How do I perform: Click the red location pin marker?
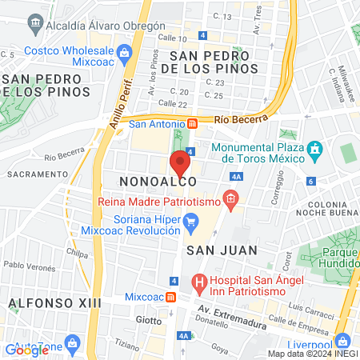(x=180, y=164)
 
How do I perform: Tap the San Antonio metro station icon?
(x=193, y=124)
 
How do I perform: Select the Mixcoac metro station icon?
(x=170, y=297)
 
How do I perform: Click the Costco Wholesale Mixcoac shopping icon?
(x=123, y=53)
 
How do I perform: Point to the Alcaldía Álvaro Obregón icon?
(x=35, y=22)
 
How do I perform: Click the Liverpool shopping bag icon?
(x=343, y=339)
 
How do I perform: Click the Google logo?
(x=26, y=349)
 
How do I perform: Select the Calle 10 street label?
(x=172, y=38)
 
